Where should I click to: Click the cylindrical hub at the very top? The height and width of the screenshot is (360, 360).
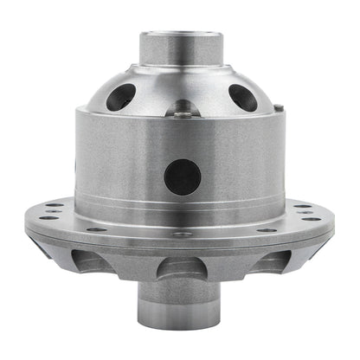click(x=179, y=50)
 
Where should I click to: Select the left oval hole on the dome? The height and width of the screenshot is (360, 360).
click(x=120, y=96)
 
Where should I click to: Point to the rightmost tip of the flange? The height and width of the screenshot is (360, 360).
click(x=333, y=217)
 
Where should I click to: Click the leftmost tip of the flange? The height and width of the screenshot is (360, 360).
click(x=26, y=217)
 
